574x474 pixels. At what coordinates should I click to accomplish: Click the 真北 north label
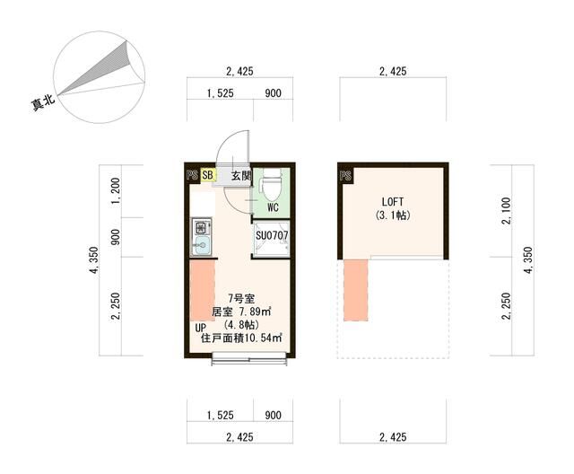(43, 102)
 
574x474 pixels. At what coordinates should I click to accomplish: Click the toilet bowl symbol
(269, 187)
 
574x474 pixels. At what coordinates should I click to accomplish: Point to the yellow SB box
(208, 175)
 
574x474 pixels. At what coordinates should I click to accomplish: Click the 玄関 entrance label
(240, 176)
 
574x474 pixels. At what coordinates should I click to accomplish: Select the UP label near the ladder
(201, 329)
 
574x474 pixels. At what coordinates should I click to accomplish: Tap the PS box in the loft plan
(345, 176)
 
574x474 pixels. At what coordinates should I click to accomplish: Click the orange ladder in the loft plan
(357, 289)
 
